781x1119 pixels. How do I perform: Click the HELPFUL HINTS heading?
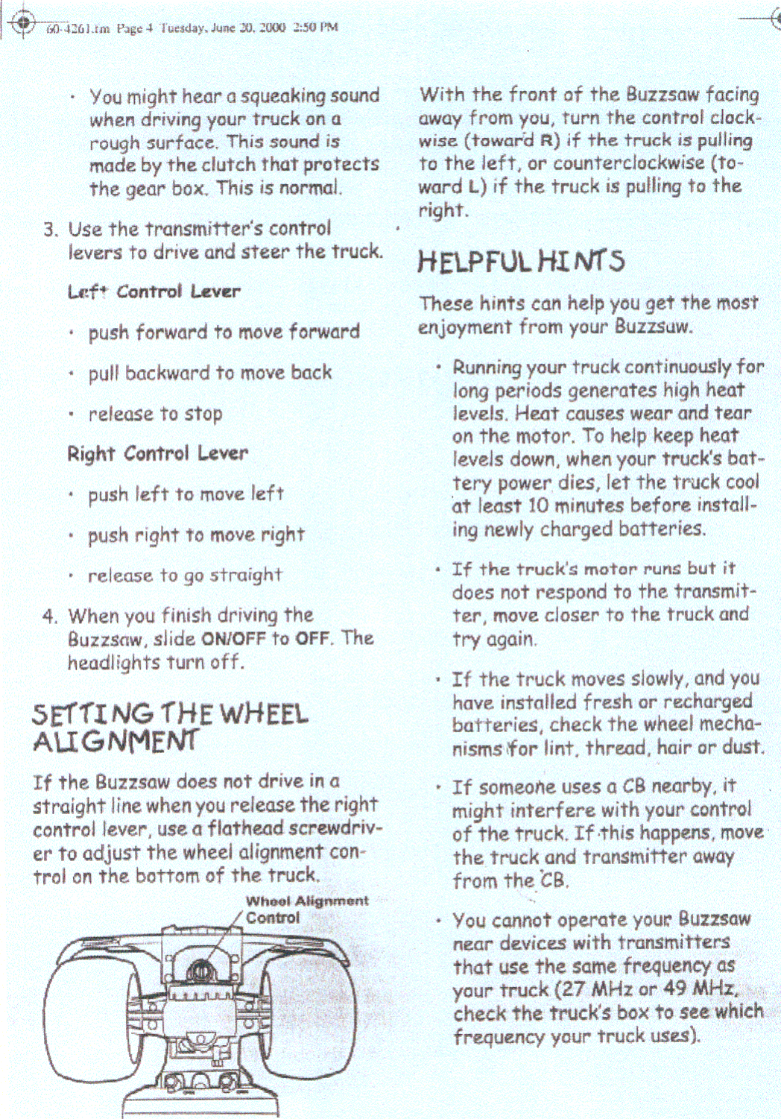click(x=520, y=261)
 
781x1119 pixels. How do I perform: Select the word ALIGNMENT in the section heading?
click(x=116, y=740)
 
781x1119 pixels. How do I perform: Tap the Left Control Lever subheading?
click(x=154, y=291)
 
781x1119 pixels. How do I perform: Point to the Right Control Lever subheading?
click(x=157, y=453)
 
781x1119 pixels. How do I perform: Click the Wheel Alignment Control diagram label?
click(x=306, y=909)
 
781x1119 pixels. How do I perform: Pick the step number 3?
click(x=49, y=229)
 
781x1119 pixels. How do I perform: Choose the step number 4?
click(x=49, y=617)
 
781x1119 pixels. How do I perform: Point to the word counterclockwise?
click(x=628, y=163)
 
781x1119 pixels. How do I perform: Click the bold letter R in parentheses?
click(x=548, y=140)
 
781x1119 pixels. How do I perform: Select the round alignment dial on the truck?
click(x=199, y=971)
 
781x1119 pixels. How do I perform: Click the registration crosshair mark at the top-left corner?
click(x=24, y=22)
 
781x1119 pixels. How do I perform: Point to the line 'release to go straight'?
click(x=185, y=576)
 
